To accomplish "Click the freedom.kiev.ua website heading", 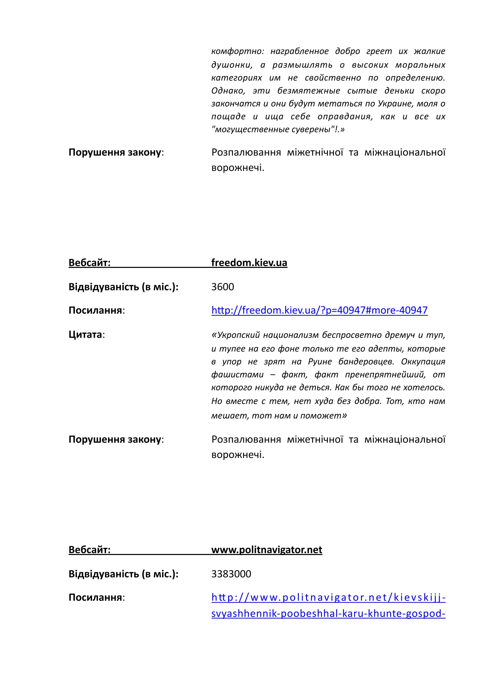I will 249,263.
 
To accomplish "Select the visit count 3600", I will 222,287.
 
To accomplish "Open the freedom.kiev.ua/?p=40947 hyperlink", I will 319,310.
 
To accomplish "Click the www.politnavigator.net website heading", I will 267,550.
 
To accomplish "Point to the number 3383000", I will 231,574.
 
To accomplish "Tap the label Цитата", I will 85,334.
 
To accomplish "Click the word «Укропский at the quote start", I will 235,335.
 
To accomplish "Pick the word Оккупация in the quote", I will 423,361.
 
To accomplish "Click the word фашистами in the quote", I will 237,375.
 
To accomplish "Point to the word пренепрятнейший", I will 385,375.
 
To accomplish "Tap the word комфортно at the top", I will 238,51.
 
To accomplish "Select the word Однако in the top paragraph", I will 228,91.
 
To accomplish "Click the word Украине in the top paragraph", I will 396,104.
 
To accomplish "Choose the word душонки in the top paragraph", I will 231,65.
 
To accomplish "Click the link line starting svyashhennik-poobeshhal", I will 328,613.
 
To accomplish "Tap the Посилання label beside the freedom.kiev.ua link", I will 95,310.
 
